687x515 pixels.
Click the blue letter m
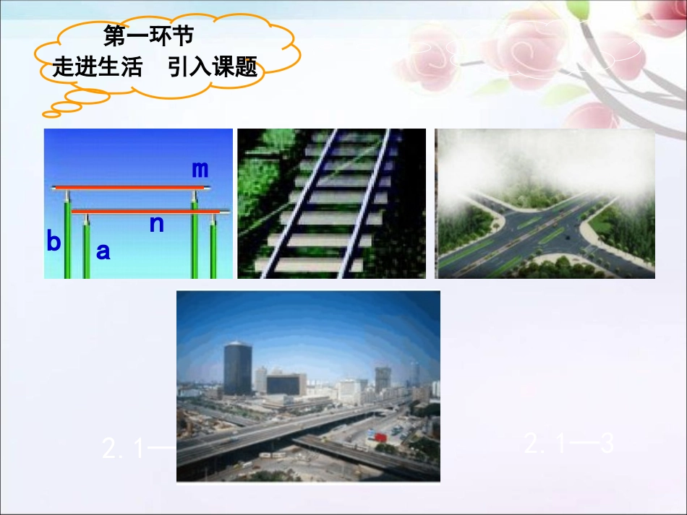200,169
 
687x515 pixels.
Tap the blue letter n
157,223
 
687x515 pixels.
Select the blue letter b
54,242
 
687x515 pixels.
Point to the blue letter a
103,251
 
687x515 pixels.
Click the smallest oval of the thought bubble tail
51,113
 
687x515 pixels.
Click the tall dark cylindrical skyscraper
237,368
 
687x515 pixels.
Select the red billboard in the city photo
380,436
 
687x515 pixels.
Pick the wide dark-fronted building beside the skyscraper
286,384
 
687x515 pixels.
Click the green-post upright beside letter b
67,238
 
